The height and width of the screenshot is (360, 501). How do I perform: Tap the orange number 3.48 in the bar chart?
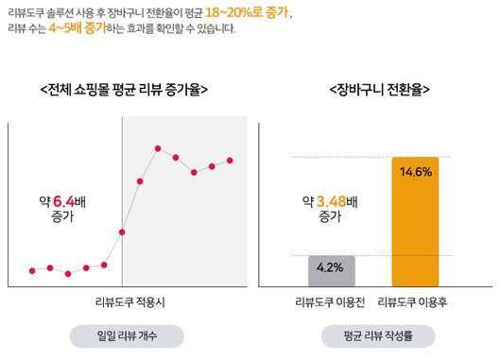click(332, 201)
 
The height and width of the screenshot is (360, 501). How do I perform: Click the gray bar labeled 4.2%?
click(331, 271)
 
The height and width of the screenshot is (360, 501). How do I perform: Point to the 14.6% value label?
click(416, 172)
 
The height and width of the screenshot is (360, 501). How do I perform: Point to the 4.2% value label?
click(331, 267)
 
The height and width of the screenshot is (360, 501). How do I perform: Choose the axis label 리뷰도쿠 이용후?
click(416, 302)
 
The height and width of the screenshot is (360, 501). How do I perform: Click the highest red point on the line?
click(158, 148)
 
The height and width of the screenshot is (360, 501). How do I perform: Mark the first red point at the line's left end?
click(32, 271)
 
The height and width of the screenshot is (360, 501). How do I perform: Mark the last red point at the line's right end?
click(230, 161)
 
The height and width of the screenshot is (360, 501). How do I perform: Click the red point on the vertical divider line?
click(122, 231)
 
